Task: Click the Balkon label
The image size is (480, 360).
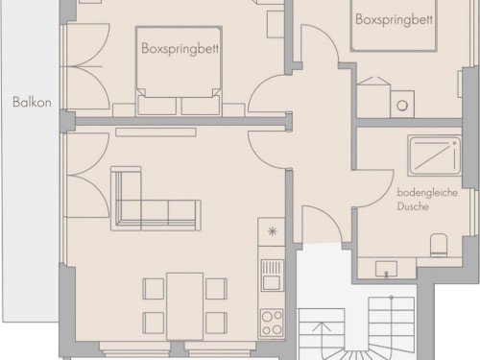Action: [x=32, y=102]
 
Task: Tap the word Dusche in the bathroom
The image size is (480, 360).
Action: [x=413, y=206]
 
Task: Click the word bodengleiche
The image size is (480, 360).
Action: [x=427, y=193]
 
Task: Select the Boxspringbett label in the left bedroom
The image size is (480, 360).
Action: [x=180, y=49]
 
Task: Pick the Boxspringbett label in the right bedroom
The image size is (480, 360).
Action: [x=394, y=19]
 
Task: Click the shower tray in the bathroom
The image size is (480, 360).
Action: [x=435, y=156]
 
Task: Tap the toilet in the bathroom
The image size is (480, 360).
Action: [x=439, y=245]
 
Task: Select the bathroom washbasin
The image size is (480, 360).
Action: [x=386, y=268]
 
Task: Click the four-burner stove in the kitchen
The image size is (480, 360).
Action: [x=272, y=323]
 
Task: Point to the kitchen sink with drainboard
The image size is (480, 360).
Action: [x=272, y=276]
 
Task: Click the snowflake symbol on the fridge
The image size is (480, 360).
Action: [x=272, y=231]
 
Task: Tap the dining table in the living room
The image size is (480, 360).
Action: [x=185, y=306]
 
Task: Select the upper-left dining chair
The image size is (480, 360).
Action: [x=154, y=289]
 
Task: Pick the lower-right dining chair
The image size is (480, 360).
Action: [x=217, y=323]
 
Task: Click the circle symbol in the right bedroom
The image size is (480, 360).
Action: [x=402, y=106]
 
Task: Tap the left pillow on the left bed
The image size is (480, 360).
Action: [x=156, y=106]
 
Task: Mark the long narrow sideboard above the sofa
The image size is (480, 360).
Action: [x=156, y=132]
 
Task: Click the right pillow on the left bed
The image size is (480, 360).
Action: [x=201, y=106]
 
